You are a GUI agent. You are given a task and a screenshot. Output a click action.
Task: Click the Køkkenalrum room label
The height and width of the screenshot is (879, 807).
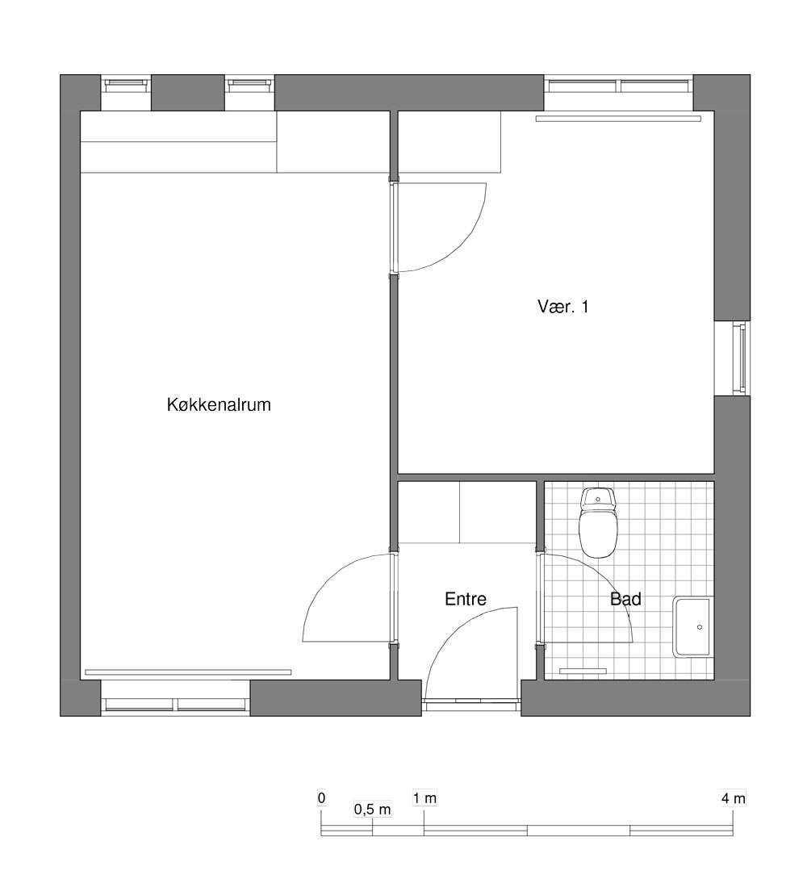pos(219,404)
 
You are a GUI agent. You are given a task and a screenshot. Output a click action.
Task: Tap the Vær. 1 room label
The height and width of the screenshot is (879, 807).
pos(562,307)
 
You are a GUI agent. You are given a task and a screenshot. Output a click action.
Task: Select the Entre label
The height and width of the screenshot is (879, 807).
pos(465,599)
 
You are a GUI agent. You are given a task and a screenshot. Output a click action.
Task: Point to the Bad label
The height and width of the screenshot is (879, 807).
pos(625,599)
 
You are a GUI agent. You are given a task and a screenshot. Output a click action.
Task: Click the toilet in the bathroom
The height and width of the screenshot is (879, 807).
pos(598,522)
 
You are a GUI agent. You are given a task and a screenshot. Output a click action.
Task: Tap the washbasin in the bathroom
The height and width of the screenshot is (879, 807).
pos(693,626)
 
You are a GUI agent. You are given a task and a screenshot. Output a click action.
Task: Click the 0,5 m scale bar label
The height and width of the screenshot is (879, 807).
pos(372,810)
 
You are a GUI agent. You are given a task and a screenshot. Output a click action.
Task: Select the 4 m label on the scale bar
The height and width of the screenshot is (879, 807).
pos(733,798)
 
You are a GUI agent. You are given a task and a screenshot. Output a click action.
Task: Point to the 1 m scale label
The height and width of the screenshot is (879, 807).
pos(424,797)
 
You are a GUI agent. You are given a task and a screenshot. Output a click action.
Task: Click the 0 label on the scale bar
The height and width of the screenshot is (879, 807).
pos(321,797)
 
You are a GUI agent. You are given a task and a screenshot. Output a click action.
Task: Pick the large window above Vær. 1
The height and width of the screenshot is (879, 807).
pos(619,86)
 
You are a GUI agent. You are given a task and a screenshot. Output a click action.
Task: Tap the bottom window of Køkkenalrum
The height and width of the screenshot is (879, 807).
pos(175,705)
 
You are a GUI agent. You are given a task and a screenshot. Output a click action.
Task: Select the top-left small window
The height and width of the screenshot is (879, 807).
pos(126,84)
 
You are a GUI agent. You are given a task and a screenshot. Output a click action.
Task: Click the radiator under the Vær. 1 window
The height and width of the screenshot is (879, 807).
pos(618,119)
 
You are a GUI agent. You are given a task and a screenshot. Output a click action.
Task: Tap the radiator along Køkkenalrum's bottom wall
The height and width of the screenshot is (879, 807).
pos(188,672)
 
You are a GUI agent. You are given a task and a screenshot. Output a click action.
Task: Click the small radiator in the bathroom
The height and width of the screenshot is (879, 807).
pos(583,671)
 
